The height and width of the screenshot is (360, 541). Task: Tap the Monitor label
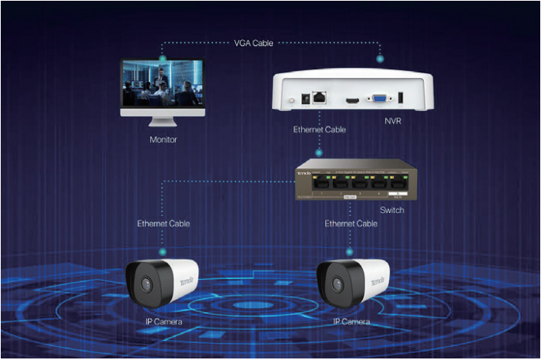coord(163,140)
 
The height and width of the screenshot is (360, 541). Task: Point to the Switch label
coord(391,210)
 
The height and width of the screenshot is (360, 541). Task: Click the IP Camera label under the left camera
coord(163,320)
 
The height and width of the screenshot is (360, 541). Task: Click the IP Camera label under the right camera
coord(353,320)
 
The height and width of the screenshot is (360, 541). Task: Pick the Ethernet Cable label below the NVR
coord(320,130)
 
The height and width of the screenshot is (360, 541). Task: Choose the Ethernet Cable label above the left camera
coord(163,224)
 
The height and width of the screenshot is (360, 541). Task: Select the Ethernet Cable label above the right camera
coord(351,224)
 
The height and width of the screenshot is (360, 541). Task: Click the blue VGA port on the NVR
coord(378,98)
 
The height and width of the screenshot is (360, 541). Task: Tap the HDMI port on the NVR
coord(352,98)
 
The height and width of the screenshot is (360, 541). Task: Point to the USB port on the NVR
coord(401,98)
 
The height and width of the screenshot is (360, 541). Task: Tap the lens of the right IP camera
coord(334,282)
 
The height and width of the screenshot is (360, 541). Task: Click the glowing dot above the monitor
coord(163,57)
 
